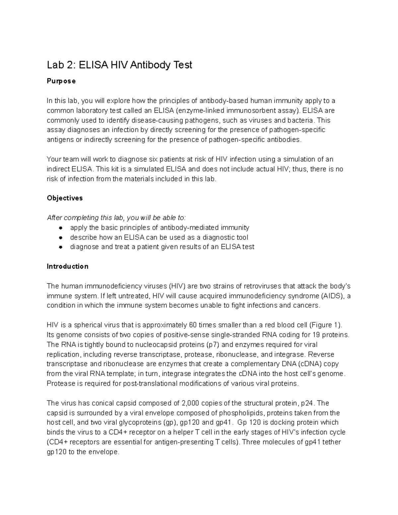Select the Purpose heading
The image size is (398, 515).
pyautogui.click(x=61, y=81)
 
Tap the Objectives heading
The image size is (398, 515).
pyautogui.click(x=65, y=198)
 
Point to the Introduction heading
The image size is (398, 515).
pyautogui.click(x=67, y=266)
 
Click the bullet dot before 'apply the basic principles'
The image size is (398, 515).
pyautogui.click(x=61, y=228)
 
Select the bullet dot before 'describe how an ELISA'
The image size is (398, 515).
pyautogui.click(x=61, y=237)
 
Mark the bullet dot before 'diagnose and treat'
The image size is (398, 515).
pyautogui.click(x=61, y=247)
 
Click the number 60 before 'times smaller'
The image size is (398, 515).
pyautogui.click(x=192, y=325)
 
